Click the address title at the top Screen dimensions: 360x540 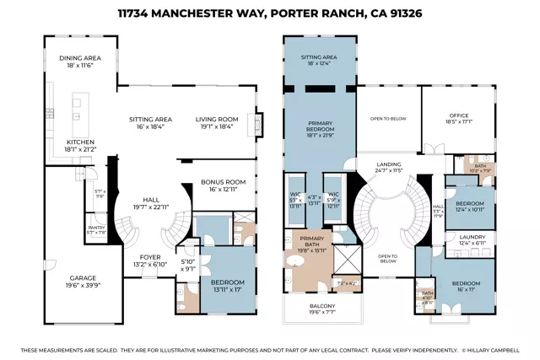click(269, 14)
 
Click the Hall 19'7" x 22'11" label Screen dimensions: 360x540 click(151, 201)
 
